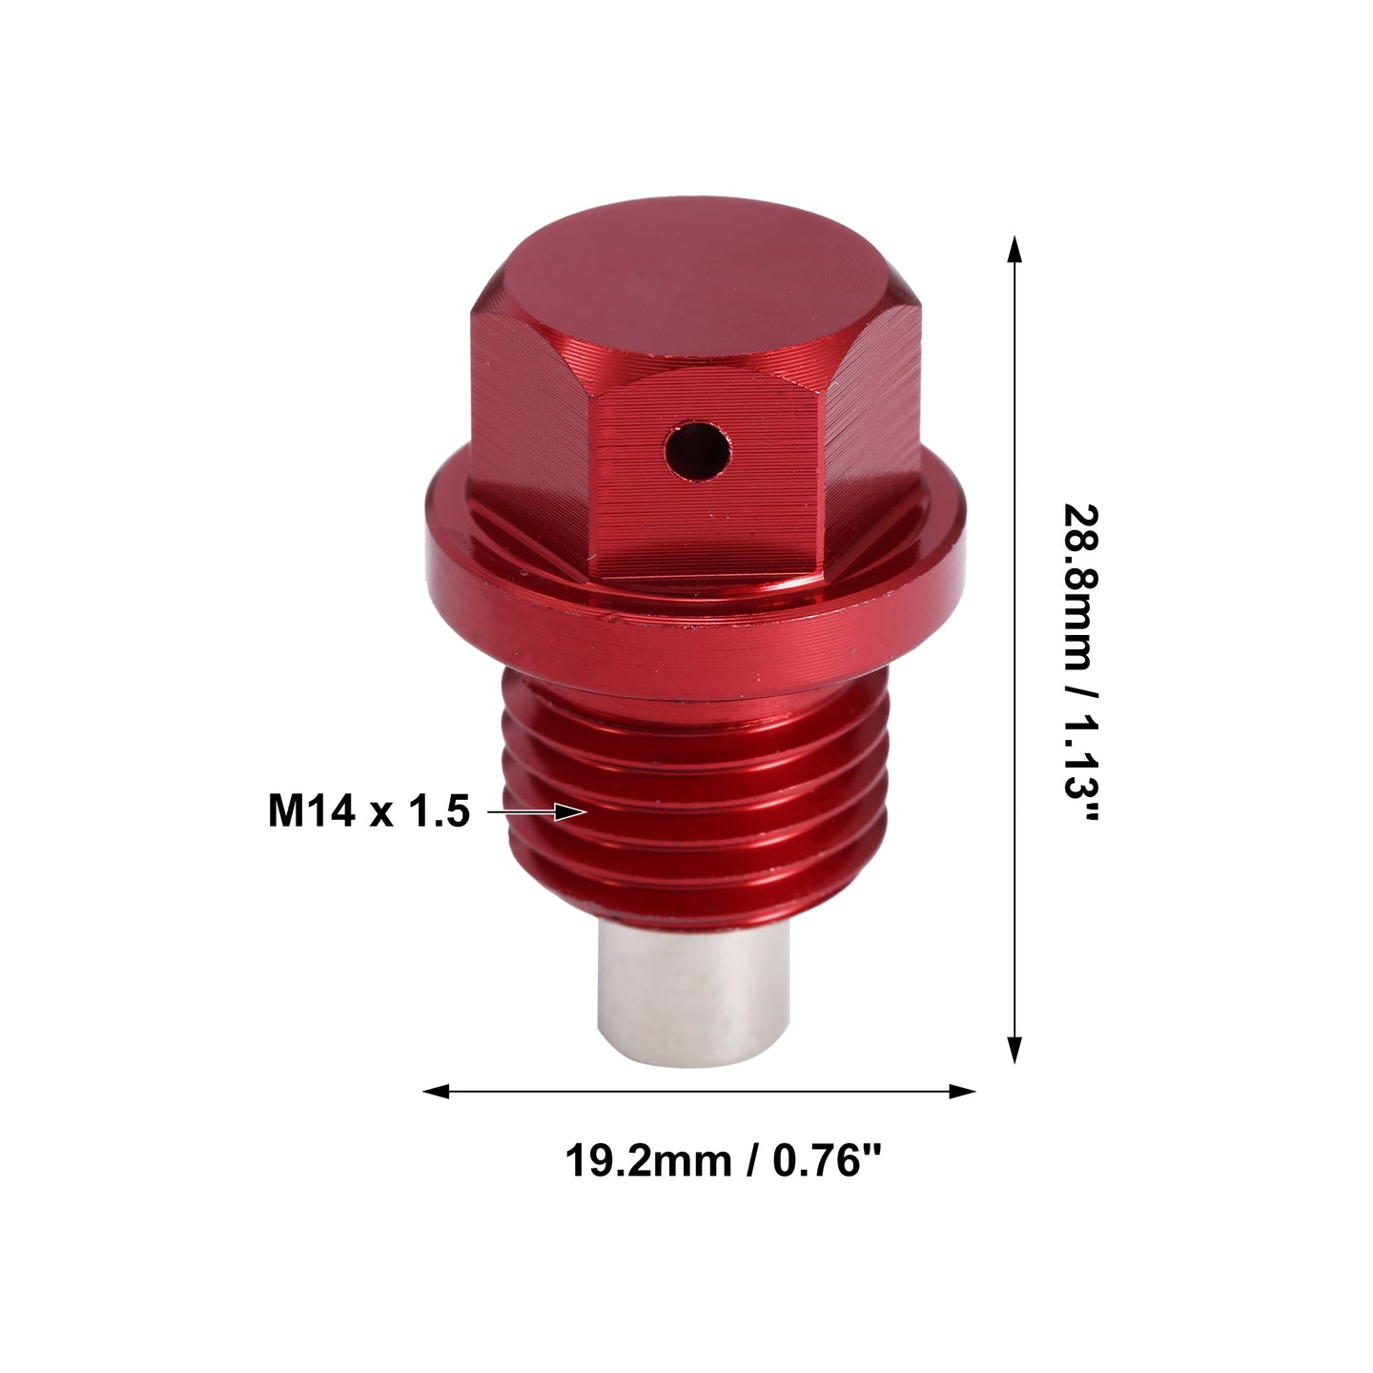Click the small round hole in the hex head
(698, 451)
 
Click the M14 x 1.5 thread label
(368, 811)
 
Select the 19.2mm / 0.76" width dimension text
(723, 1161)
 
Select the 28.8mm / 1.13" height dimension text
(1081, 662)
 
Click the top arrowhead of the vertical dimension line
(1014, 250)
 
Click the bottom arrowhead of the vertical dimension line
(1014, 1050)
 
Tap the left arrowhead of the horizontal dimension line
(436, 1091)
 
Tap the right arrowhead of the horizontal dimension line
(962, 1091)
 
